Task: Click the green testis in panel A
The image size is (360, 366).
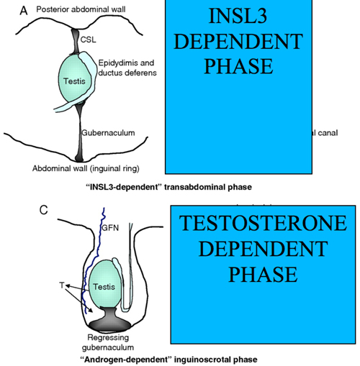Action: point(79,81)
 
